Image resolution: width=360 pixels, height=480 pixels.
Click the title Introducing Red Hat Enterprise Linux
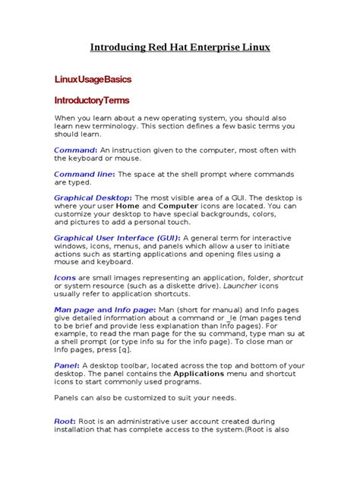click(180, 47)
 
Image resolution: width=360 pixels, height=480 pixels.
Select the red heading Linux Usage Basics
click(93, 79)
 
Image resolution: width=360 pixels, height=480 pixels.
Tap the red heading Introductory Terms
click(91, 100)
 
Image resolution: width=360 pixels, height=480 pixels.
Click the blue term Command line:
click(84, 174)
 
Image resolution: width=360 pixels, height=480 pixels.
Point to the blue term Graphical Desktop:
click(93, 197)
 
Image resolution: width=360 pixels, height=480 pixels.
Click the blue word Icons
click(65, 278)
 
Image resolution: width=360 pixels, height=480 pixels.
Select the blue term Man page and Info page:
click(103, 310)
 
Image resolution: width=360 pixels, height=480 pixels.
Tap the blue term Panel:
click(67, 366)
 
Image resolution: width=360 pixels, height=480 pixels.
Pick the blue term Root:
click(65, 422)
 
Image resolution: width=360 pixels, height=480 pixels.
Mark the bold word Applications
click(199, 374)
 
